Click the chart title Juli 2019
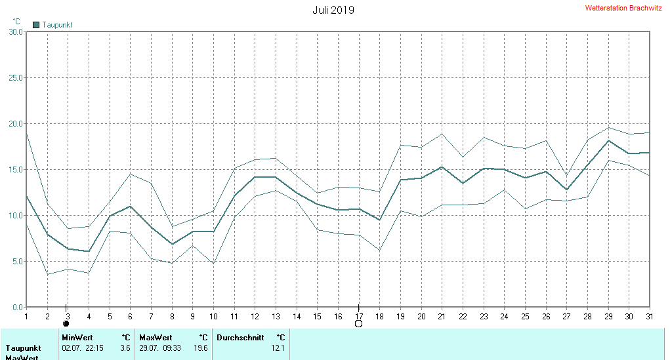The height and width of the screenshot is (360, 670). [333, 10]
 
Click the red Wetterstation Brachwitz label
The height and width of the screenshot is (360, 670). [623, 9]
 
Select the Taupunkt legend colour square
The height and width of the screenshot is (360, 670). [36, 25]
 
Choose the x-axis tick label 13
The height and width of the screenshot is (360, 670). [276, 317]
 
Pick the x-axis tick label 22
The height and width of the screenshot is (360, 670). [463, 317]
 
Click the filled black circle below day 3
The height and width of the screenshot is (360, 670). [66, 323]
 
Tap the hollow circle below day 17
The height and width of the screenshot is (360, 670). [358, 323]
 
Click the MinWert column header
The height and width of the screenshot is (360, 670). [77, 338]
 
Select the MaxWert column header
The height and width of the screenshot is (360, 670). [156, 338]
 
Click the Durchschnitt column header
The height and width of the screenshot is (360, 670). [240, 338]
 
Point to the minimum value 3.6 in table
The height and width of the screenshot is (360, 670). [125, 348]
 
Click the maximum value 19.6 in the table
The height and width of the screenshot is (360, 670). [201, 348]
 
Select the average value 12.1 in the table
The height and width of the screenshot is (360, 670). [278, 348]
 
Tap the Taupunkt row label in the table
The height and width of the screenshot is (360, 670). [24, 348]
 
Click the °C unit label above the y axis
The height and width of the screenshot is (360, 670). [16, 21]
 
